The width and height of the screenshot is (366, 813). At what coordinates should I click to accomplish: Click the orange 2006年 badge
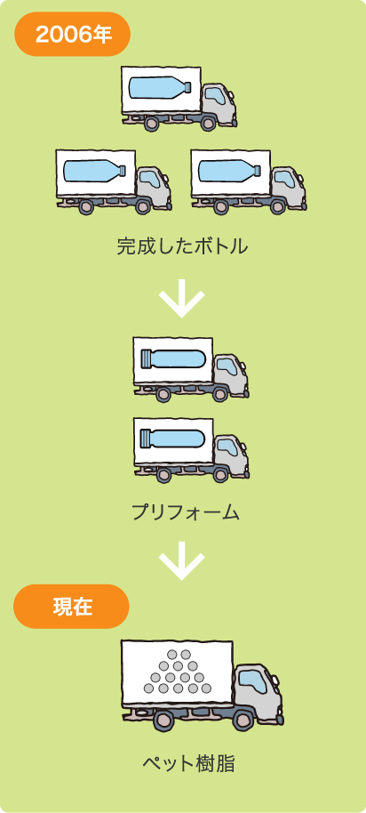(72, 34)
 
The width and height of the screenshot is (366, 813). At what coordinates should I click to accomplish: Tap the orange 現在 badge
(72, 607)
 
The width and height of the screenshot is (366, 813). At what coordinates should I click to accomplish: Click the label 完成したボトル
(182, 246)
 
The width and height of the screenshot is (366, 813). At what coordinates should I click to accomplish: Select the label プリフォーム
(185, 512)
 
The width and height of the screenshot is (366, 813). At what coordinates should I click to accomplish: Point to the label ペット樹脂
(188, 764)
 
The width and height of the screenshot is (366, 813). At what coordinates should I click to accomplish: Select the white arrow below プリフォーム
(182, 560)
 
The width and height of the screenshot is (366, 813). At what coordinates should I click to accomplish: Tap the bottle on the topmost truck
(160, 87)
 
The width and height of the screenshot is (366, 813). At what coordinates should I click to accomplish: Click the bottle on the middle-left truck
(94, 171)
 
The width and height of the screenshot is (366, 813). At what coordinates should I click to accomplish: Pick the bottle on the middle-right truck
(230, 171)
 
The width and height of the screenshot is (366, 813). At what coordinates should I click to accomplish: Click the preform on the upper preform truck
(172, 358)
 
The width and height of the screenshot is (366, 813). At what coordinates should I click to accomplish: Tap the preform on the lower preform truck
(172, 439)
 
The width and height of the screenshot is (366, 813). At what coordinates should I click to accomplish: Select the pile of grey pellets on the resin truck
(178, 672)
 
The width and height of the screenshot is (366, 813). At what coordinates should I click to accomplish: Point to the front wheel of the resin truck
(243, 720)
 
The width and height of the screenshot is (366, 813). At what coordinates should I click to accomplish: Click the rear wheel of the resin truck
(164, 720)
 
